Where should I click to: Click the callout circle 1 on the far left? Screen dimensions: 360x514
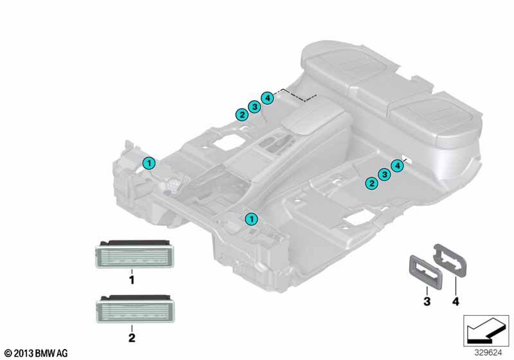[148, 163]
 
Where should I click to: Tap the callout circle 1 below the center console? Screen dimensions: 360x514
[252, 219]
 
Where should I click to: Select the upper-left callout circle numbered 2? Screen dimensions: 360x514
[242, 114]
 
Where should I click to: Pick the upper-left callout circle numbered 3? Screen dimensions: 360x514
[254, 107]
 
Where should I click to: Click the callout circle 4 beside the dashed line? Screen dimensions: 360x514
[268, 98]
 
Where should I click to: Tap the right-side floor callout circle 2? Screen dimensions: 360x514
[371, 183]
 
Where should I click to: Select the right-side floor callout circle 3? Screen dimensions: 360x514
[384, 174]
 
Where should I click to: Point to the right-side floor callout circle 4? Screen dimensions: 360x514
[398, 166]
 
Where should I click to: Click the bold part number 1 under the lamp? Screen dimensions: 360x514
[132, 280]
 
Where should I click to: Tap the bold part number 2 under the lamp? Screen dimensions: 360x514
[132, 336]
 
